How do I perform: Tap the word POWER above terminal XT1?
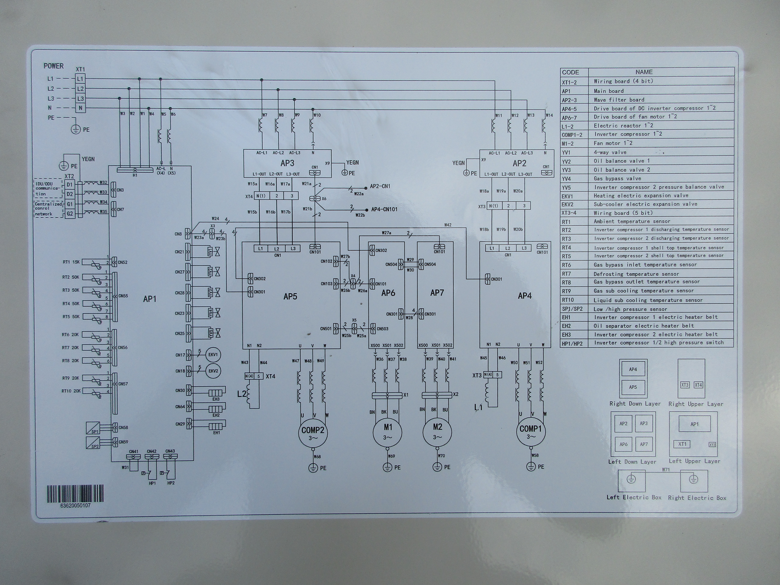click(54, 66)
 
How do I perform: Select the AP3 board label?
click(287, 163)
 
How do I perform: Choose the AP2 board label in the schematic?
click(519, 163)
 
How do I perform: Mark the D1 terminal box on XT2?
click(70, 184)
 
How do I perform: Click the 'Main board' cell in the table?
click(609, 91)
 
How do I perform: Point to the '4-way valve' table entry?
click(610, 152)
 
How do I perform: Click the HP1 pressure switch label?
click(152, 483)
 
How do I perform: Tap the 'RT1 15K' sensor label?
click(71, 262)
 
